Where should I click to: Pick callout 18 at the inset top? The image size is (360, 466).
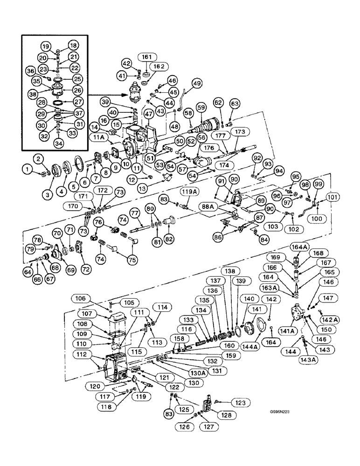(73, 46)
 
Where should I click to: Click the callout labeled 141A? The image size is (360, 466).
(287, 330)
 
